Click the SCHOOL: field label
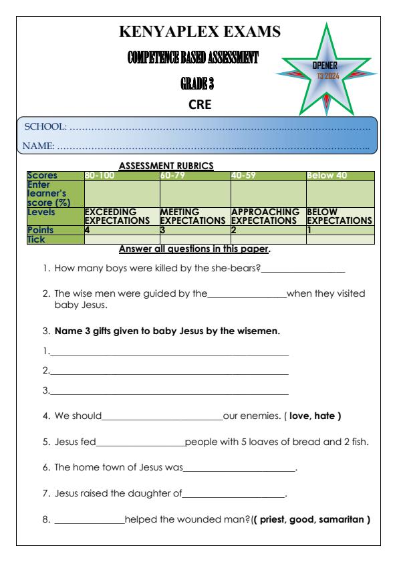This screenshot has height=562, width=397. pos(45,126)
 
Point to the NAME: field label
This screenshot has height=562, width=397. pos(40,144)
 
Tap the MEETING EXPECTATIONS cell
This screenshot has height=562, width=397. pos(194,215)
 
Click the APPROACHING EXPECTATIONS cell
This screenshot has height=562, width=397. pos(267,215)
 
